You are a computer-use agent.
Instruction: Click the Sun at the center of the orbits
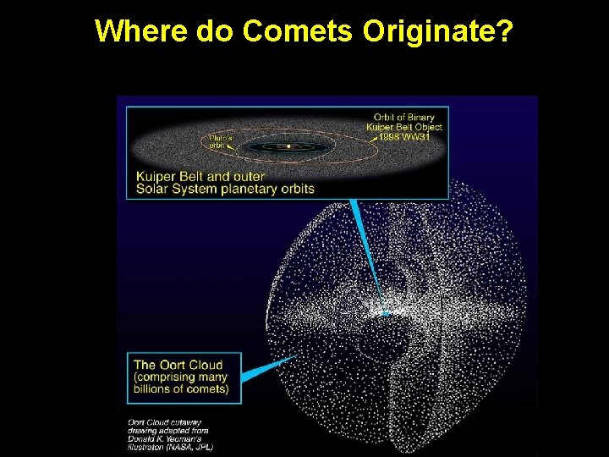(x=288, y=146)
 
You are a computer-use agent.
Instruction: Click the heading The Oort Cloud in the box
(x=178, y=366)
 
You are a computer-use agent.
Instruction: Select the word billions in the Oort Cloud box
(x=157, y=389)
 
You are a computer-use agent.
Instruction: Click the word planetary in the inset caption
(x=248, y=189)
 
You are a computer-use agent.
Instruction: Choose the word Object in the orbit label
(x=428, y=127)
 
